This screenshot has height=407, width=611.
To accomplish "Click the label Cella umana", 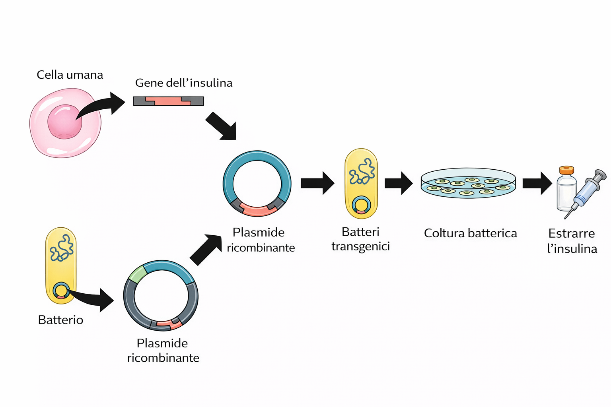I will coord(70,75).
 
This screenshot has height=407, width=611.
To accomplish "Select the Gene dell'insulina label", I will coord(183,83).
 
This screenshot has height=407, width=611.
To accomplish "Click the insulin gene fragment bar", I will coord(168,101).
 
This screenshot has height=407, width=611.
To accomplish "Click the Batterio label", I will coord(60,320).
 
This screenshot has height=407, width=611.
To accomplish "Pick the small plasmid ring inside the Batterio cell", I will coord(61,291).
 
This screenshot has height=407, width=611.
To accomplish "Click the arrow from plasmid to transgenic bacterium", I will coord(317,183).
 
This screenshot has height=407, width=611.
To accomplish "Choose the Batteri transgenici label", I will coord(360,239).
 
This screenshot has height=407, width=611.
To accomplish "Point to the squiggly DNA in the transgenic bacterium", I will coord(362,172).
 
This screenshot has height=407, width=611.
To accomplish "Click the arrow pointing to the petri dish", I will coord(398,183).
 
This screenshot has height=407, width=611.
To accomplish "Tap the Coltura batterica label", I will coord(470,233).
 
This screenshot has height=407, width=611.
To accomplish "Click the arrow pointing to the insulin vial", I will coord(537,183).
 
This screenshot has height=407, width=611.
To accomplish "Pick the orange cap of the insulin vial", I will coord(566,170).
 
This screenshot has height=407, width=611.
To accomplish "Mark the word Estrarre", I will coord(571,233).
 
